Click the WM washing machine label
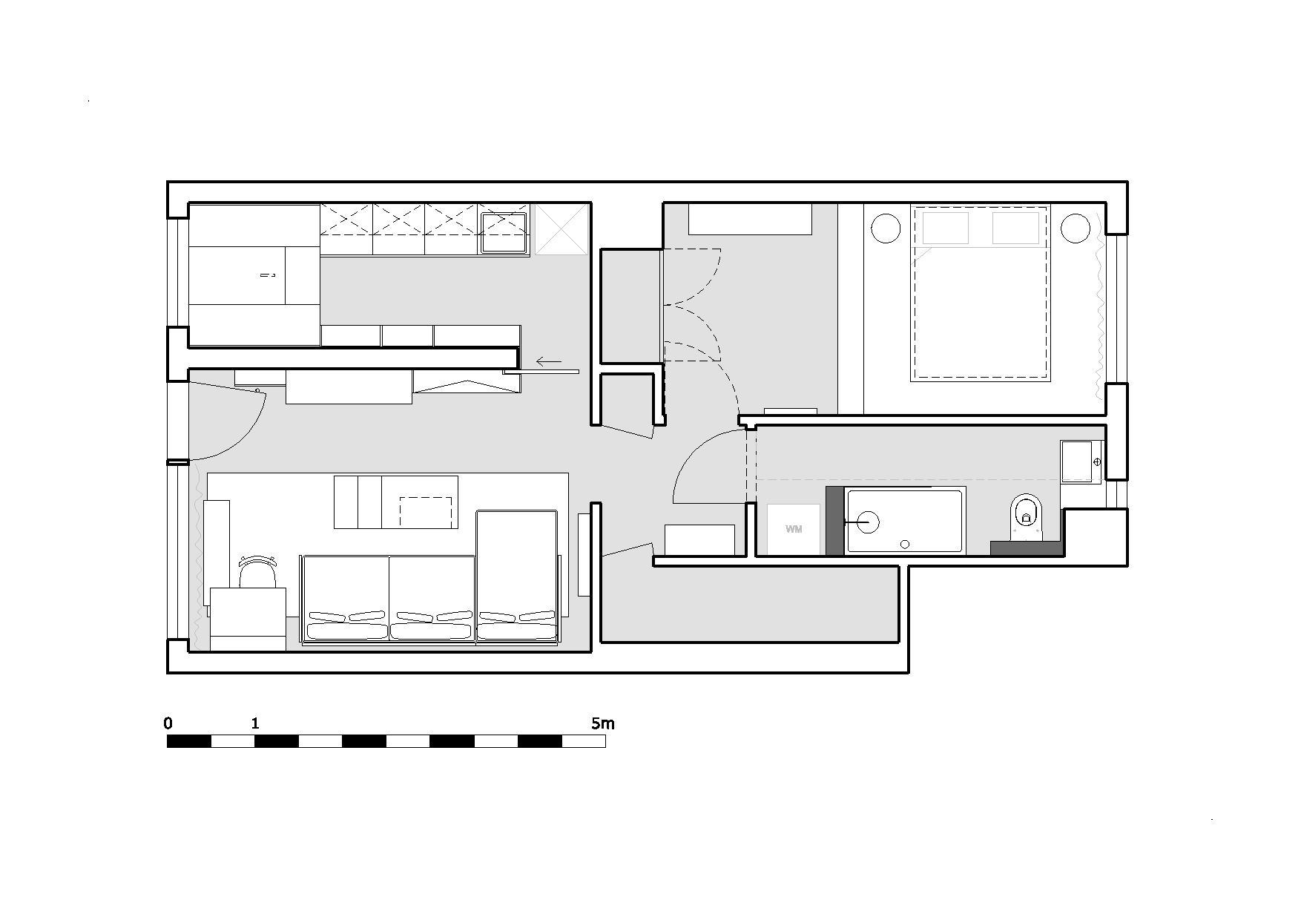click(794, 529)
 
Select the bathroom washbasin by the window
click(1081, 462)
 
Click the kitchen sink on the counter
click(504, 232)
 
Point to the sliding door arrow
click(549, 362)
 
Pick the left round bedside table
click(886, 228)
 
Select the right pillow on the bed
click(1015, 228)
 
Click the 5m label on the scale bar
click(603, 723)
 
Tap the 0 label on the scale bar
click(168, 723)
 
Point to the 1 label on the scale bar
click(255, 723)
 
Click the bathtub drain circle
click(905, 544)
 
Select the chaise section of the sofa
click(516, 575)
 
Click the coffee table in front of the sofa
click(395, 502)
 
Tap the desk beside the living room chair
click(248, 620)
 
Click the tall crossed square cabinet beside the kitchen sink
click(561, 229)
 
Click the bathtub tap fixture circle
click(868, 522)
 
